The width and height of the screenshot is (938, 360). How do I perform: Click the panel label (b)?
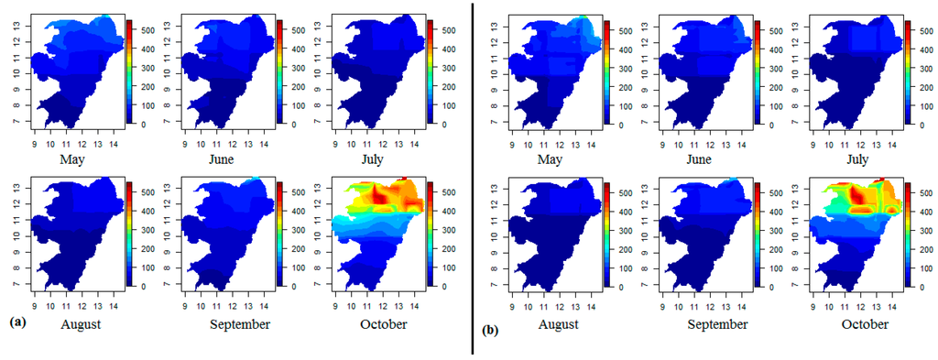[x=489, y=323]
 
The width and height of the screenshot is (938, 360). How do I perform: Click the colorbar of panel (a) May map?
[x=129, y=71]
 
